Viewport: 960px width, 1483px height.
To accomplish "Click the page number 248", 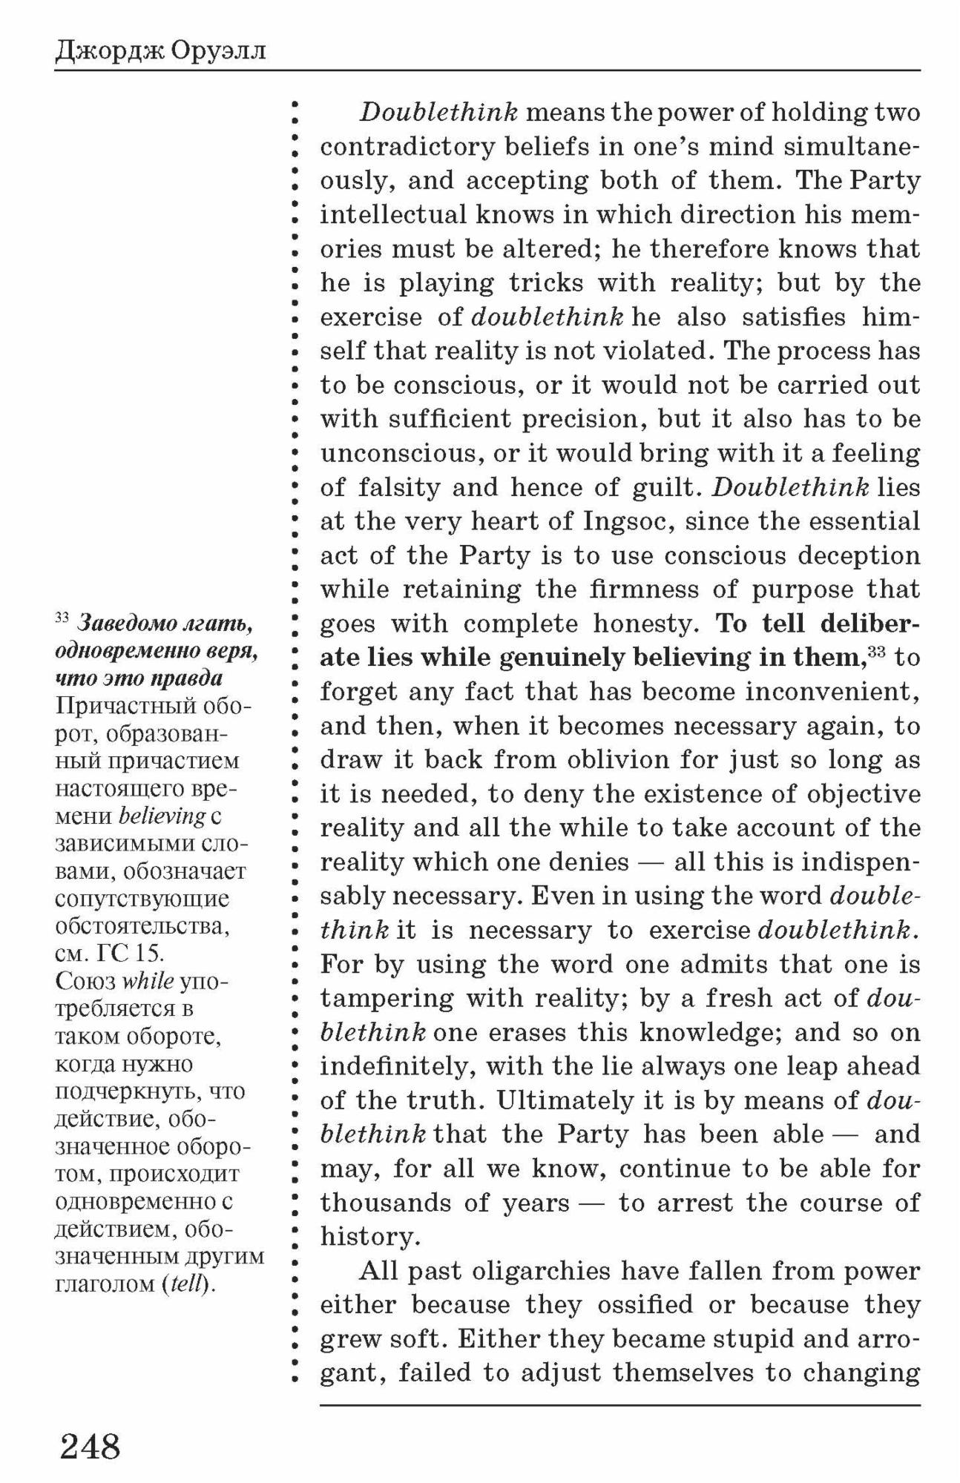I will coord(90,1445).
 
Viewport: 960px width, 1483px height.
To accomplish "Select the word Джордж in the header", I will coord(110,52).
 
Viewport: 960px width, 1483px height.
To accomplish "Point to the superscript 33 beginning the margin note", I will coord(62,617).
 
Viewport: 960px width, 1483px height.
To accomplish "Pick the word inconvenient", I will coord(831,692).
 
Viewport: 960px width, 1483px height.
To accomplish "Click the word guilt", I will coord(665,487).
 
